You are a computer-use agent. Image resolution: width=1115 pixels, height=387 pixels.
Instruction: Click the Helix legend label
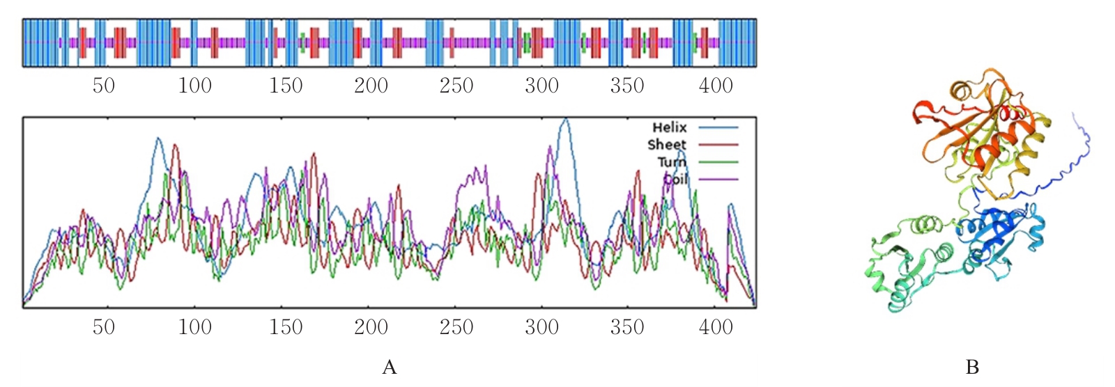(x=669, y=127)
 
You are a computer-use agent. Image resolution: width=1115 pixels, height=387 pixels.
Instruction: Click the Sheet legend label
(x=667, y=145)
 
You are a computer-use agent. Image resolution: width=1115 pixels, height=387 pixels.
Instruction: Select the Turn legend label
(x=672, y=162)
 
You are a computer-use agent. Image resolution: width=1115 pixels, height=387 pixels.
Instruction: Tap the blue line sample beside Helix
(x=718, y=127)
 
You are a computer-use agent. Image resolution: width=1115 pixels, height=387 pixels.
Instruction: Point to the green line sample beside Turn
(x=718, y=162)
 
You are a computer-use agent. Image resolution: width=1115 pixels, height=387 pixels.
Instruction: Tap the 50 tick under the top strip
(x=103, y=86)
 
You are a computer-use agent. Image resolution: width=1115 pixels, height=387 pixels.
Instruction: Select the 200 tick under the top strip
(x=371, y=86)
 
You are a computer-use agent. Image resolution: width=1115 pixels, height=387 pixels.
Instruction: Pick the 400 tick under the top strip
(x=716, y=86)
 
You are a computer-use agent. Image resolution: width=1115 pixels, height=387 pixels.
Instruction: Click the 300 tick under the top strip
(x=541, y=86)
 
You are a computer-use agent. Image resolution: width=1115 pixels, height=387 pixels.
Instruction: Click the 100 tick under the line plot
(x=194, y=326)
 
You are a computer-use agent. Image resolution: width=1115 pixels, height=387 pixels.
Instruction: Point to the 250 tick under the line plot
(x=456, y=326)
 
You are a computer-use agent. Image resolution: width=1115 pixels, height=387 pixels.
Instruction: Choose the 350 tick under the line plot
(x=627, y=326)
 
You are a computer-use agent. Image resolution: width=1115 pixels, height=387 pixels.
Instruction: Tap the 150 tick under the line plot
(x=286, y=326)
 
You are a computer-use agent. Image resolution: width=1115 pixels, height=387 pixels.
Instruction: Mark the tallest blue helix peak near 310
(x=565, y=120)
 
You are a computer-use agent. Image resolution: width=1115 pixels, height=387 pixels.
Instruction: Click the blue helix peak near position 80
(x=158, y=139)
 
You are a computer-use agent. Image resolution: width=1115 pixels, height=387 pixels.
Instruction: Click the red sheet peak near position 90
(x=174, y=145)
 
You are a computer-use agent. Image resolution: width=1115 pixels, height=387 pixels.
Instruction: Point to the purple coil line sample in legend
(x=718, y=180)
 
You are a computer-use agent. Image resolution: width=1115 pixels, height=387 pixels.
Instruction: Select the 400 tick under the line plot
(x=716, y=326)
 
